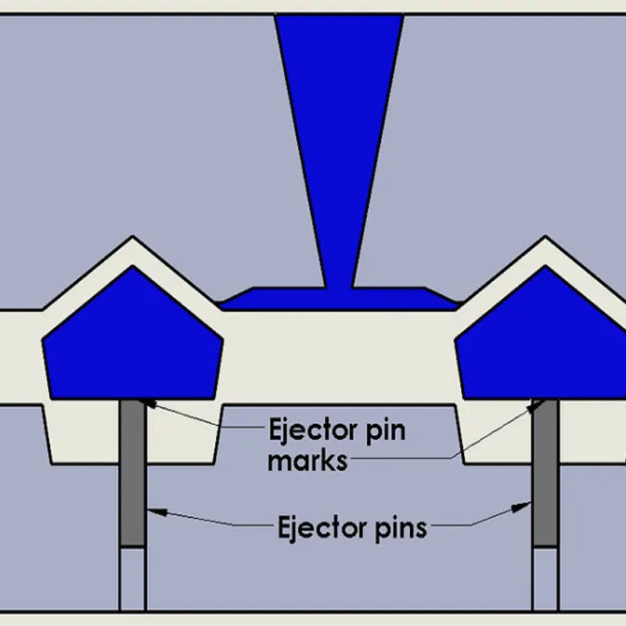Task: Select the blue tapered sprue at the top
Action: click(339, 117)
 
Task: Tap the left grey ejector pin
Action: click(133, 469)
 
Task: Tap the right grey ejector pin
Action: click(545, 469)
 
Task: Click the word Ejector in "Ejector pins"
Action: click(316, 526)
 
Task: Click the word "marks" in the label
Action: click(307, 461)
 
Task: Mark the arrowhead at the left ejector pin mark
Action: click(146, 404)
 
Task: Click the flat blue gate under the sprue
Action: click(339, 300)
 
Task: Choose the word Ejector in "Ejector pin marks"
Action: click(305, 430)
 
